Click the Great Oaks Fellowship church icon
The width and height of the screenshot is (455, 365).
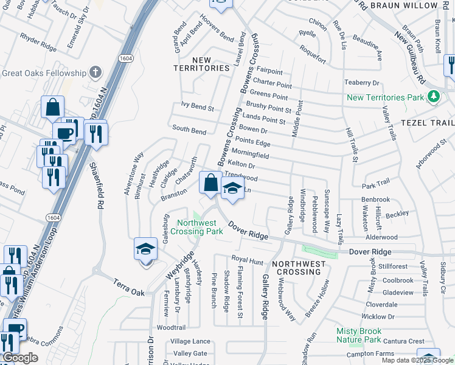point(94,73)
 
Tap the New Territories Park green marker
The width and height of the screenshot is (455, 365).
point(432,97)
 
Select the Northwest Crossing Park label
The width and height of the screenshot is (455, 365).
point(196,227)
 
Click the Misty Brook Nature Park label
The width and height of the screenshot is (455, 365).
point(367,335)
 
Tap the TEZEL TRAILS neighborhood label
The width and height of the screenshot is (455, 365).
point(427,122)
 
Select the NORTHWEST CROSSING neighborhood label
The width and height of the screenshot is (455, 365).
point(298,267)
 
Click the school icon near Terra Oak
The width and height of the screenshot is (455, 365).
point(145,249)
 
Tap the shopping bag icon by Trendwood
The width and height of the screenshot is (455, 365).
point(210,182)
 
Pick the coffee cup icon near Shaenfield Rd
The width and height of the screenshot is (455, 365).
point(64,133)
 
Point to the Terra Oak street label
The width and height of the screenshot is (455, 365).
point(129,288)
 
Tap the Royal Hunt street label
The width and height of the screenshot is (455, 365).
point(247,262)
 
